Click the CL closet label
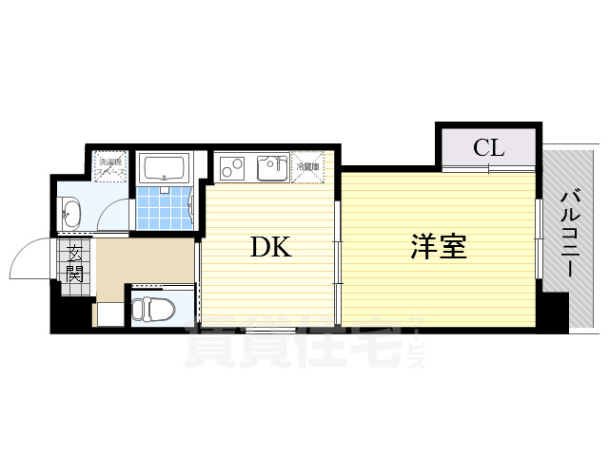coord(488,147)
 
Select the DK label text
coord(270,248)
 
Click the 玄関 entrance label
coord(73,263)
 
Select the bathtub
coord(166,169)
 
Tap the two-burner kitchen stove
coord(233,168)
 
